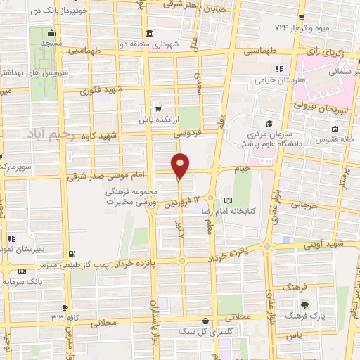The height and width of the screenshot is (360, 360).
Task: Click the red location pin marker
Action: click(x=180, y=166)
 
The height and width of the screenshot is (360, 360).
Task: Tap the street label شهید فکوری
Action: click(x=102, y=90)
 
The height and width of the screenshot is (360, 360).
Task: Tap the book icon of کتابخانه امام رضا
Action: click(x=226, y=200)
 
